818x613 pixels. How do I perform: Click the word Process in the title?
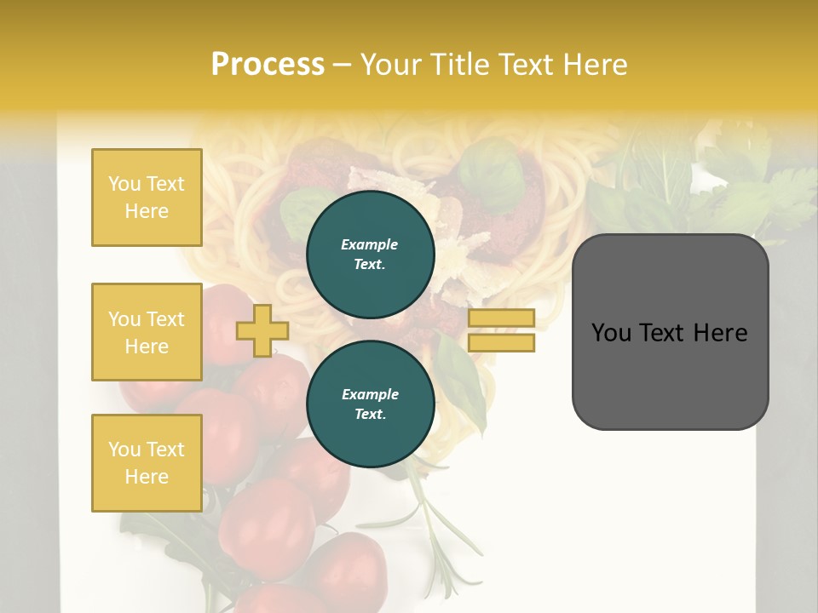point(268,65)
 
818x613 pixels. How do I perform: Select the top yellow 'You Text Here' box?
point(147,198)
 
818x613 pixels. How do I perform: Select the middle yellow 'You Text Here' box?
point(147,332)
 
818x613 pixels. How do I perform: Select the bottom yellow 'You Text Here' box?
point(147,463)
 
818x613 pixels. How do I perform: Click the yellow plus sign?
point(262,330)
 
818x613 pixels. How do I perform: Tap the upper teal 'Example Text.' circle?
point(370,255)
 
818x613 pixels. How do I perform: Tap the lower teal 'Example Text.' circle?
point(370,404)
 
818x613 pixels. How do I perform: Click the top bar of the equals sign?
point(501,318)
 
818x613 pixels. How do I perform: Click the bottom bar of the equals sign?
point(501,343)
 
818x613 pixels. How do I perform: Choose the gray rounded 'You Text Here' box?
point(670,332)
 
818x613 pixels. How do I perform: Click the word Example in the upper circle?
point(370,244)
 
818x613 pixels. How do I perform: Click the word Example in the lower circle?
point(370,394)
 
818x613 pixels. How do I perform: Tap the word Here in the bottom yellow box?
point(147,477)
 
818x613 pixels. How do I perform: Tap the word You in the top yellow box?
point(124,184)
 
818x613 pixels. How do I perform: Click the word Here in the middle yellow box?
point(147,347)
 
